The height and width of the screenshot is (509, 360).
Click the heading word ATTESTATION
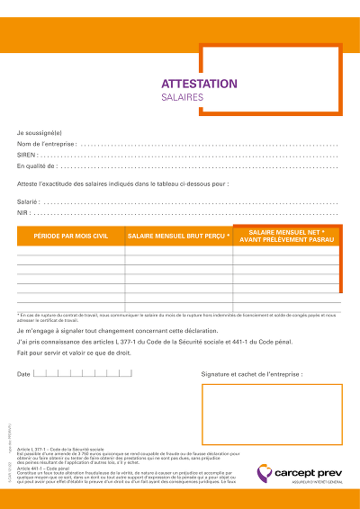pos(199,84)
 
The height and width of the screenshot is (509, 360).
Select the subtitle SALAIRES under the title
pos(183,96)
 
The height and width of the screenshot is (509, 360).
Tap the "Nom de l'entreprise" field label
pos(47,144)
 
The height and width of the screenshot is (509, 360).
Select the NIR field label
pos(22,213)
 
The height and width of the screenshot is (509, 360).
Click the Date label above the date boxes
pos(23,373)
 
